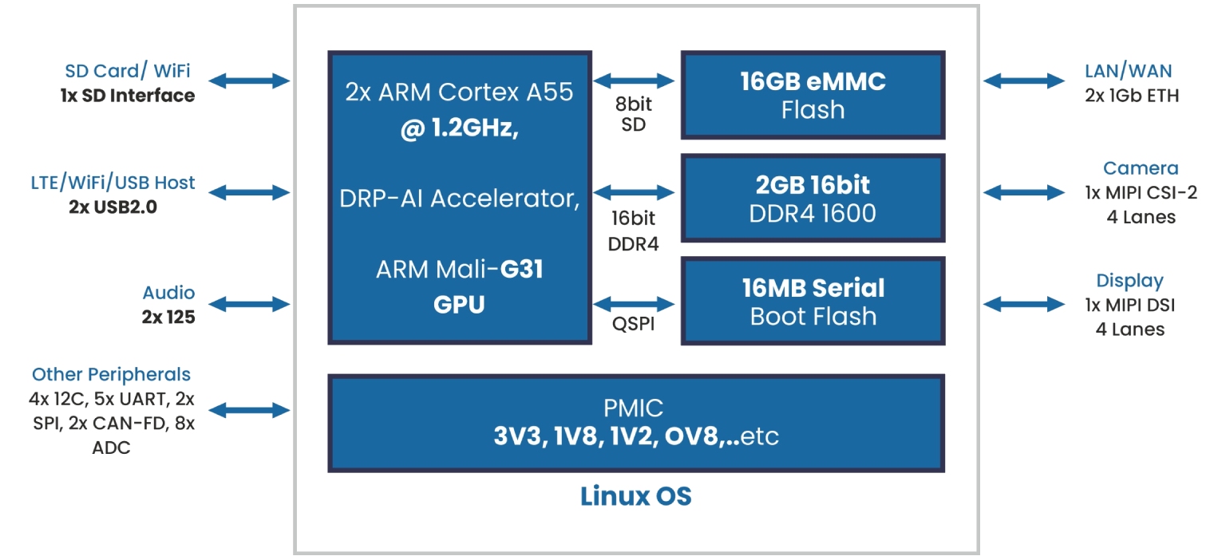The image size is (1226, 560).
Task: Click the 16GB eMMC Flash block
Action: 813,95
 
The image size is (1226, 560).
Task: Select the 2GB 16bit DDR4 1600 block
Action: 813,199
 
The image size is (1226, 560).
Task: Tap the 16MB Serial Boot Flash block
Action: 813,302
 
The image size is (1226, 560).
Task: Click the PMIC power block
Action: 636,423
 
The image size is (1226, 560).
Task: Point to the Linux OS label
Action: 636,496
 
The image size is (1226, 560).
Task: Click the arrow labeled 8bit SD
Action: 635,80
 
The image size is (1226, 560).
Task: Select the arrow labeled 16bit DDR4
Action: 635,192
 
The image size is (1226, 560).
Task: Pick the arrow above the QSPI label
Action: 635,304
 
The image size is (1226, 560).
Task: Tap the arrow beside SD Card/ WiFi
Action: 250,81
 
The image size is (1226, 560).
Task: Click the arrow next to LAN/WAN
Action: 1024,81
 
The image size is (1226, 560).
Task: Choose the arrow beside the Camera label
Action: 1024,192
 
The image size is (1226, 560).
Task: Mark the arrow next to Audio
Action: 250,304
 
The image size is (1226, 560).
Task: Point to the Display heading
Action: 1129,281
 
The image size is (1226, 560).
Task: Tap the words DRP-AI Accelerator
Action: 460,198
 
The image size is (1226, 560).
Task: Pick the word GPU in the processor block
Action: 460,305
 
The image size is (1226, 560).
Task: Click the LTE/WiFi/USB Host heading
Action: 113,183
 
